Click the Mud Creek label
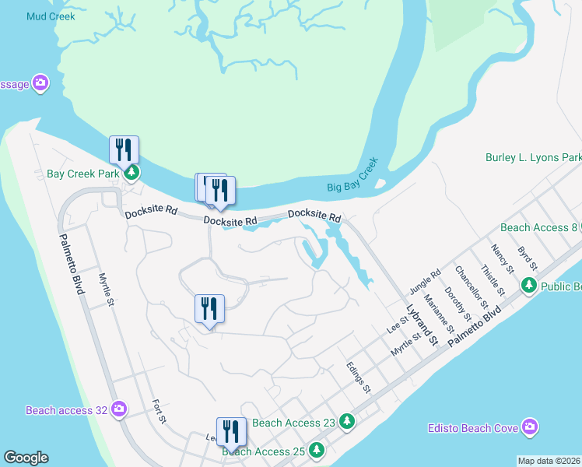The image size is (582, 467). pos(51,16)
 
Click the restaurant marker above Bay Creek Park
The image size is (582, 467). pos(124,149)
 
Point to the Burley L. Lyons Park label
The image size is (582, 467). pos(533,157)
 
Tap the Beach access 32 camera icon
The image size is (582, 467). pos(118,409)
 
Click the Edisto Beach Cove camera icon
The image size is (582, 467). pos(530,427)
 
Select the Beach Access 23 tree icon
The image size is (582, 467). pos(347,423)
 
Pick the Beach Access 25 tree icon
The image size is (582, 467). pos(316,450)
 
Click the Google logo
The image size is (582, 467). pos(26,458)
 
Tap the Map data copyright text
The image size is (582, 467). pos(549,461)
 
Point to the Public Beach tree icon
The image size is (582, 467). pos(529,286)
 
